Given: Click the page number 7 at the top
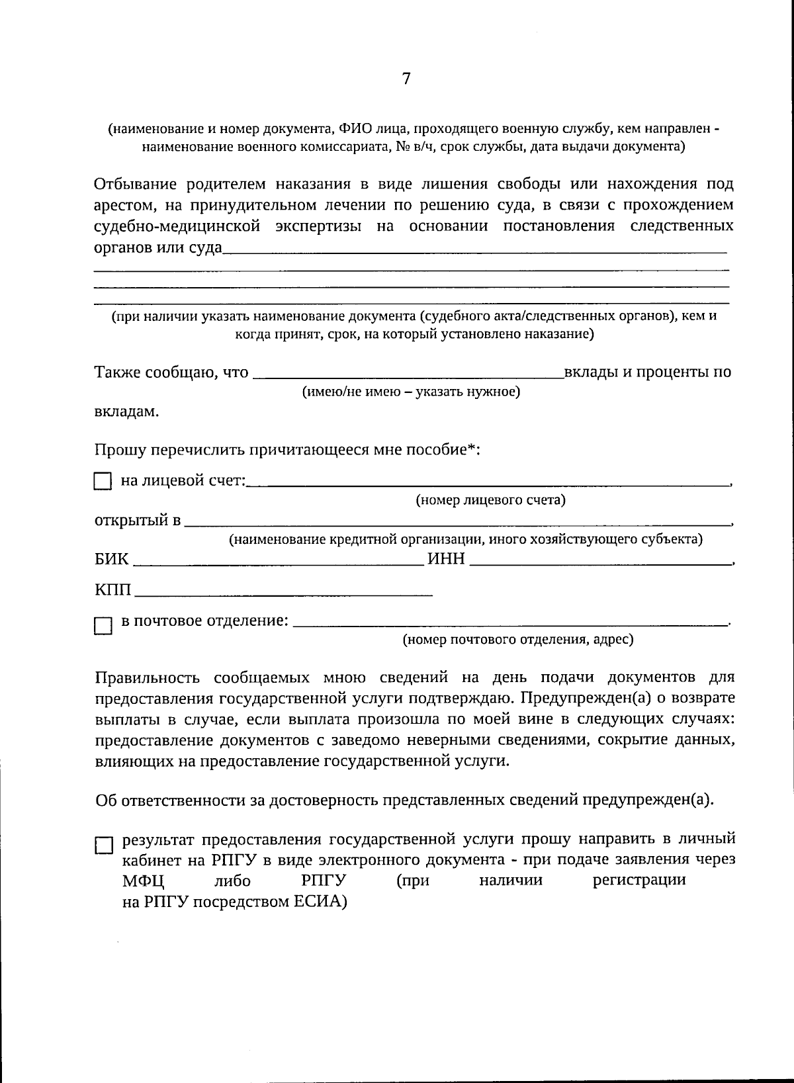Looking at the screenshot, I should coord(406,79).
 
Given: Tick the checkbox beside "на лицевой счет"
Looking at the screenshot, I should coord(103,482).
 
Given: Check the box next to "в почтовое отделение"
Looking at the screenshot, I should coord(103,625).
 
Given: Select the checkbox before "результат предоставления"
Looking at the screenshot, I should coord(104,845).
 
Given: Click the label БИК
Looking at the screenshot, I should coord(112,560).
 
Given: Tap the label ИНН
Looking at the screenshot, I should coord(447,560).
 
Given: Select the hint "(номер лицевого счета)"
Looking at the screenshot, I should coord(490,500).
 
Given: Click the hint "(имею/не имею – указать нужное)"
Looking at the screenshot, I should coord(411,392).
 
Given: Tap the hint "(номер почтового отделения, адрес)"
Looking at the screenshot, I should coord(518,640).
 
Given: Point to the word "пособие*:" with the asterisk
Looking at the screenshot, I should coord(446,450).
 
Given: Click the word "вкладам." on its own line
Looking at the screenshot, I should coord(126,412).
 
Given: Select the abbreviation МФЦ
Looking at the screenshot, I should coord(143,881).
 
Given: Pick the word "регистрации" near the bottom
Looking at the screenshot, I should coord(639,881).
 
